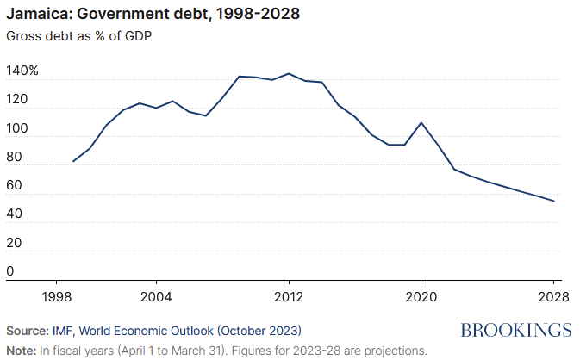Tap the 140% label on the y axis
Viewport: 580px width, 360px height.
coord(22,71)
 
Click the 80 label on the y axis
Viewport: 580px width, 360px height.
coord(14,158)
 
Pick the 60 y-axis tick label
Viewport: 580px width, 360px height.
coord(14,186)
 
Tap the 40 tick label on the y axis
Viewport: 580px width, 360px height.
coord(14,214)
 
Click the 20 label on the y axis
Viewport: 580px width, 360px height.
coord(14,244)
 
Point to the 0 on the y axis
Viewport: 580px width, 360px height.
coord(10,272)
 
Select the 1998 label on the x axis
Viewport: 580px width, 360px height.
coord(57,295)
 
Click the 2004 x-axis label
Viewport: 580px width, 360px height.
coord(156,295)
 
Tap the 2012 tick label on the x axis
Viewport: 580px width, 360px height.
coord(289,295)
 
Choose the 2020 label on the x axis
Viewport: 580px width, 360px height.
coord(421,295)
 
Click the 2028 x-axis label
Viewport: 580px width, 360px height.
coord(552,295)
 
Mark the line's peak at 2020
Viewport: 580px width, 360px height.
coord(421,122)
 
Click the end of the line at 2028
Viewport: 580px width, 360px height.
coord(553,202)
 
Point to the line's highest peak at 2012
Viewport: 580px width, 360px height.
coord(289,73)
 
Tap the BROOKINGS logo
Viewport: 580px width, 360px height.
coord(516,330)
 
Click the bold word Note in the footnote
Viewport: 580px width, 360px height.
coord(21,351)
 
